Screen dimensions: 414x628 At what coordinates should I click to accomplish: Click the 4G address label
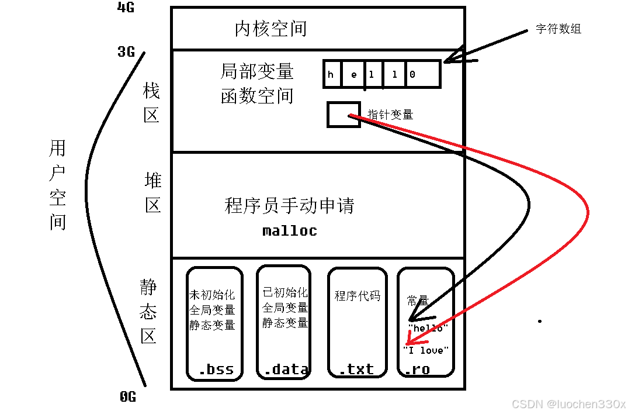click(126, 8)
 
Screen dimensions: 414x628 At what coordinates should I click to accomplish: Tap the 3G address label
click(126, 52)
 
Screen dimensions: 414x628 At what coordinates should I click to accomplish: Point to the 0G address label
click(128, 397)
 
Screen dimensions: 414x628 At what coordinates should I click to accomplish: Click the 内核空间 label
click(270, 29)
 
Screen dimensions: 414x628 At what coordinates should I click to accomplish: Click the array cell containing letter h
click(331, 74)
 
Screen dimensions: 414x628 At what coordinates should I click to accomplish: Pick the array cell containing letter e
click(353, 74)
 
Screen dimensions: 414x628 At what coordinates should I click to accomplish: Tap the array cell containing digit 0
click(412, 74)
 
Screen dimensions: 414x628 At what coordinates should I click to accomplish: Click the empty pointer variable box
click(343, 114)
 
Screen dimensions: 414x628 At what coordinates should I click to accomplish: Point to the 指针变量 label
click(390, 115)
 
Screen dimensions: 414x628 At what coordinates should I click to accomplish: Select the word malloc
click(290, 230)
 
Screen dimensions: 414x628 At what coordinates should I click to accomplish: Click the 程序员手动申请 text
click(289, 206)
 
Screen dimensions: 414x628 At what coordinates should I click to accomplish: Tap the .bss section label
click(216, 369)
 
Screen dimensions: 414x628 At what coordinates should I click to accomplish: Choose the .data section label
click(286, 369)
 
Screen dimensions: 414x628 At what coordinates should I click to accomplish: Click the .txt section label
click(356, 369)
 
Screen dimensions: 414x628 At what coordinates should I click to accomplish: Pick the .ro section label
click(418, 369)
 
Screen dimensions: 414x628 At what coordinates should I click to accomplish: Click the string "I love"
click(426, 350)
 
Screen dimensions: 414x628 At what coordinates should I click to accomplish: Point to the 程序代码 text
click(357, 296)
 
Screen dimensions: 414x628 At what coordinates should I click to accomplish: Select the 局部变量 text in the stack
click(257, 71)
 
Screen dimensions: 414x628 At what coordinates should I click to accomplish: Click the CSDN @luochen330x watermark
click(568, 404)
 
